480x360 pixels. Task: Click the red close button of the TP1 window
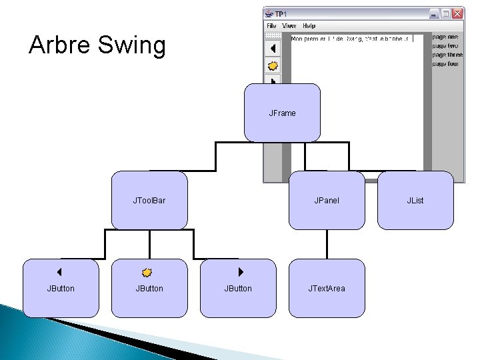457,13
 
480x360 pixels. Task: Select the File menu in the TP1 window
271,26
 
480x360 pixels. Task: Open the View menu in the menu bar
289,26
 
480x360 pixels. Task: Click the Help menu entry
309,26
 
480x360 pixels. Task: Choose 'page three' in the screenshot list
447,55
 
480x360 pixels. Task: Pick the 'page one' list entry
445,37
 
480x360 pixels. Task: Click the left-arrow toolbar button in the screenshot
273,49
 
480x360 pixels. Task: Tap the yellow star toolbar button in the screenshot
273,66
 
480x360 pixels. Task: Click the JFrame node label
282,113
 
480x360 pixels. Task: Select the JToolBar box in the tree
149,200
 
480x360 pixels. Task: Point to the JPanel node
327,200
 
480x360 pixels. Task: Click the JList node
415,200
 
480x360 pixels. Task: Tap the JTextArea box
327,288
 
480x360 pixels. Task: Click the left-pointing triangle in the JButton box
59,272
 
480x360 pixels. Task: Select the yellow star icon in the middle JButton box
147,272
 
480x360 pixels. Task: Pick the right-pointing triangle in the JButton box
241,272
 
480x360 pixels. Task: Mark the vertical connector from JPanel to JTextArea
327,244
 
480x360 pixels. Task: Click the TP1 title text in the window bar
281,13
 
